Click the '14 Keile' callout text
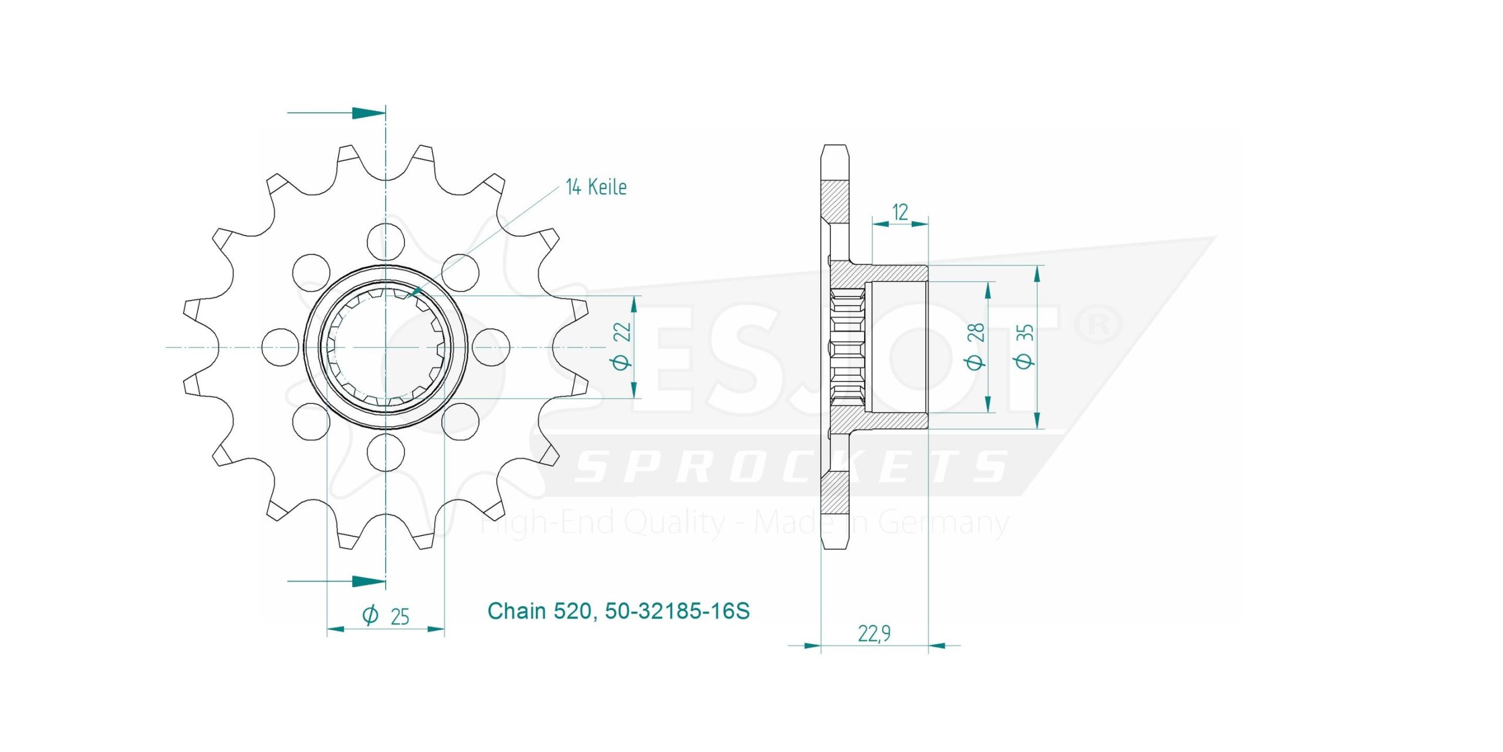[x=596, y=187]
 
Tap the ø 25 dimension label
[x=386, y=616]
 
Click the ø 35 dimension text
[x=1026, y=348]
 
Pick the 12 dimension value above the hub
[x=900, y=212]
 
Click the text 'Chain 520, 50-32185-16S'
[x=618, y=611]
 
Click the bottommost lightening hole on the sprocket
[x=386, y=453]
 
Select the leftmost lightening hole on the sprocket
[x=279, y=347]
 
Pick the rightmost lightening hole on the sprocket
[x=491, y=347]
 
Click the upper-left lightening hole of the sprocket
[x=311, y=272]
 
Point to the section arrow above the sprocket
[x=336, y=113]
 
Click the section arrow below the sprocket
[x=336, y=582]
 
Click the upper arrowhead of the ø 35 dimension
[x=1037, y=275]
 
